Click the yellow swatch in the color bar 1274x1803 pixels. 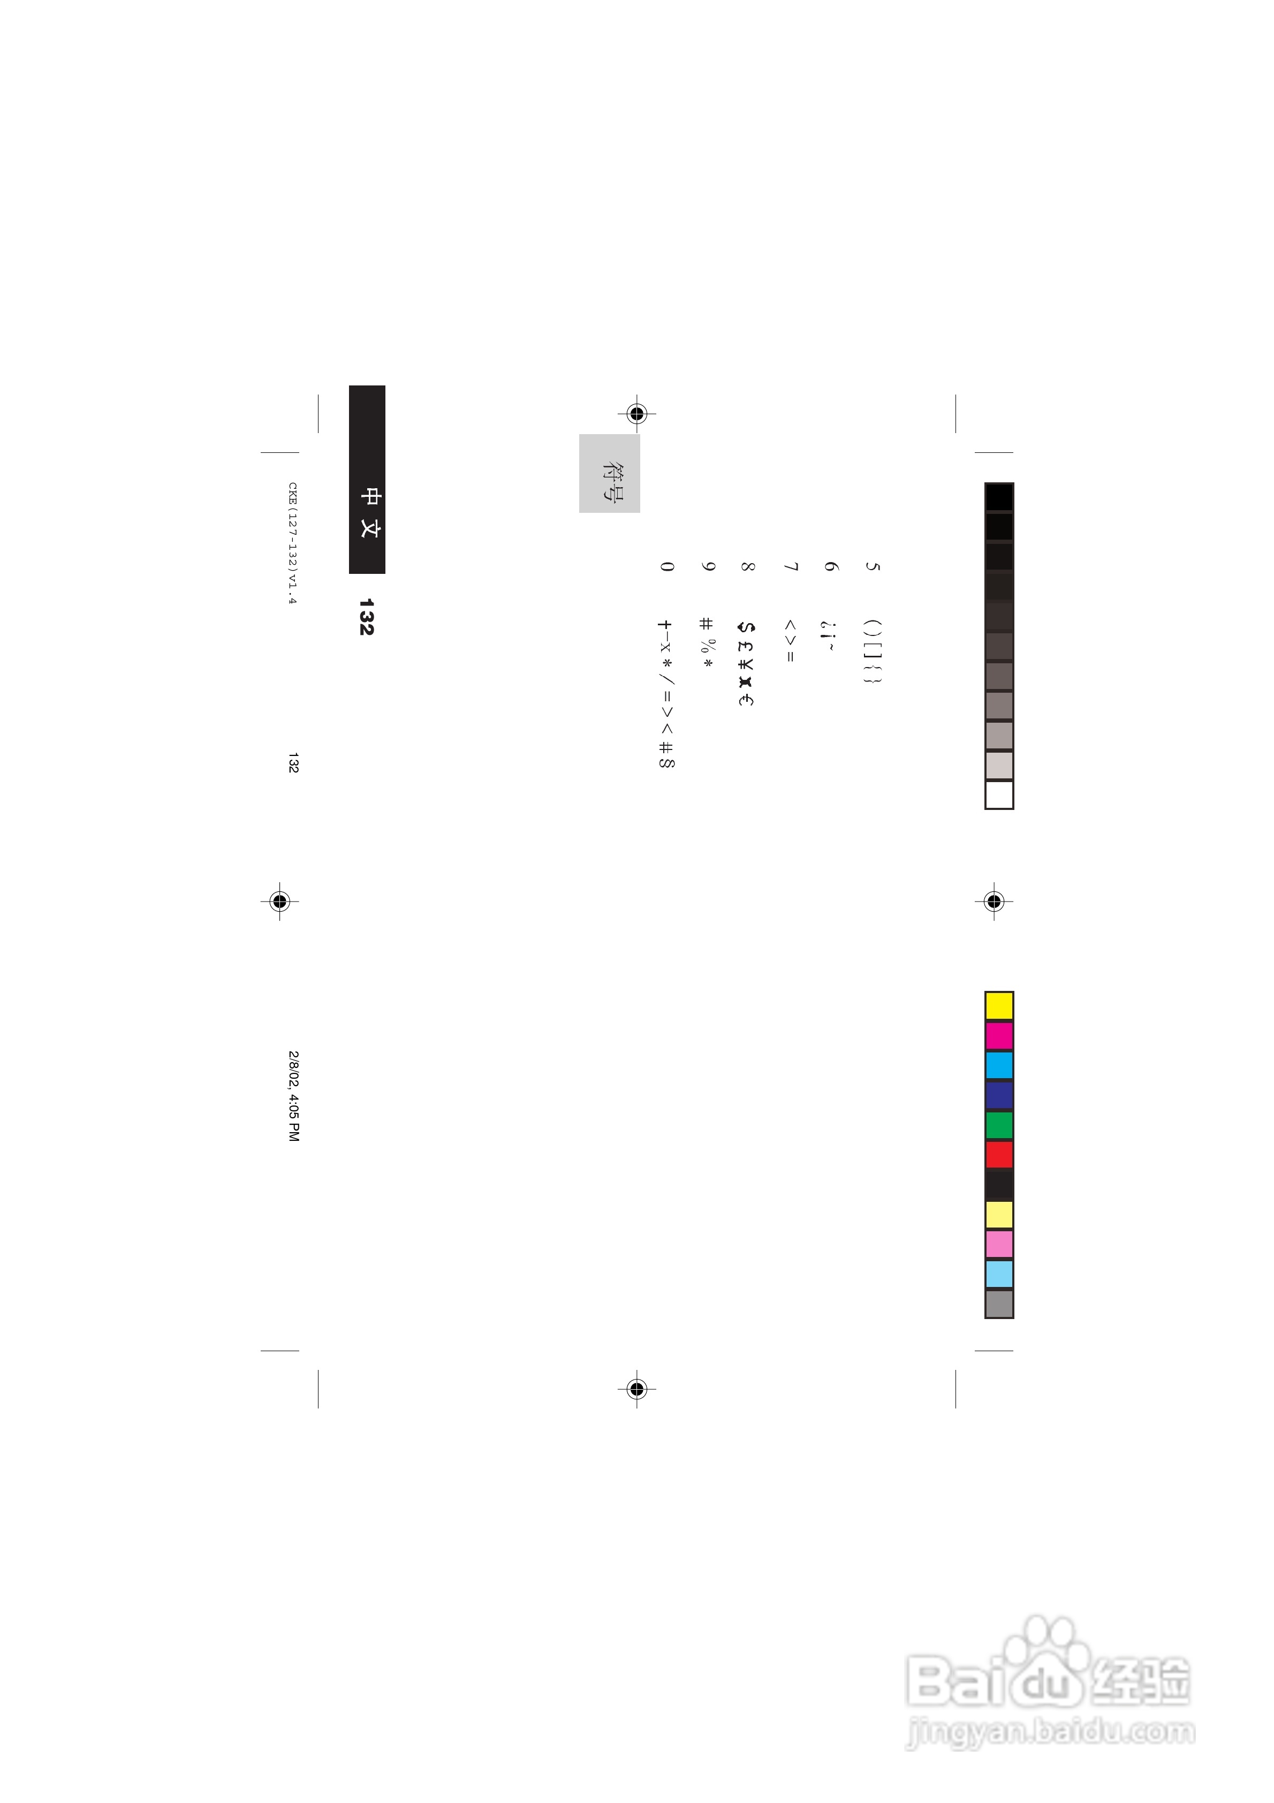point(999,1006)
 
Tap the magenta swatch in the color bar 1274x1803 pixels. point(999,1036)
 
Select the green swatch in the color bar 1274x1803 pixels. point(999,1125)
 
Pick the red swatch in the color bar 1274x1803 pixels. point(999,1155)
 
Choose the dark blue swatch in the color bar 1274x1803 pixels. point(999,1095)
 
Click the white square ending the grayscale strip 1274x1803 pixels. point(999,795)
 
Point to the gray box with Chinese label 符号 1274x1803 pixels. point(610,474)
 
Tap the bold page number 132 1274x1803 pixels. point(366,617)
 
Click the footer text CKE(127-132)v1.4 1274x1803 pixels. point(293,543)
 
